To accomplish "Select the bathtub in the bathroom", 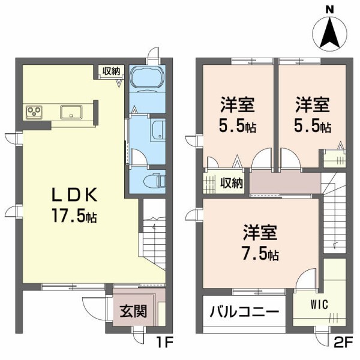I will (146, 79).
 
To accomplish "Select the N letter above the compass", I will (329, 10).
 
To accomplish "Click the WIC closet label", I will (319, 304).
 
